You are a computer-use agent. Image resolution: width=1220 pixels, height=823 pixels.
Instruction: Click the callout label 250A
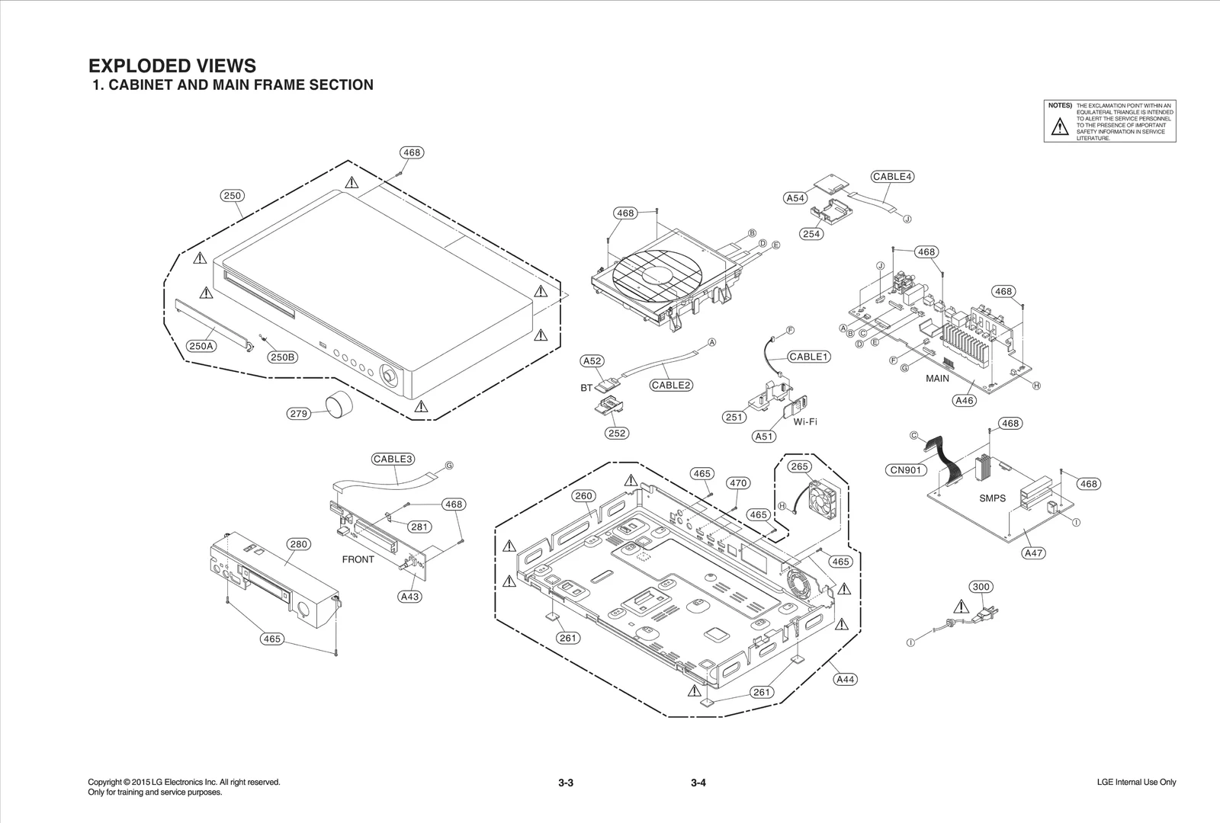pyautogui.click(x=201, y=346)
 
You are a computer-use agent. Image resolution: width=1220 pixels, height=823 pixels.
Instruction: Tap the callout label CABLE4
pyautogui.click(x=892, y=177)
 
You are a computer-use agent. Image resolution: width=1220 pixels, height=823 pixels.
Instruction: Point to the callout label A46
pyautogui.click(x=965, y=400)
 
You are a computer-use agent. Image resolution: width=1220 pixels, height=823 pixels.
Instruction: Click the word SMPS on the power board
pyautogui.click(x=992, y=498)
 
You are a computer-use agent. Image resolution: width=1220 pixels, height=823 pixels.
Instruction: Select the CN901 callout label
pyautogui.click(x=907, y=470)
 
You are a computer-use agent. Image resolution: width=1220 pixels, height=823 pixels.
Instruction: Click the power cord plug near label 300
pyautogui.click(x=984, y=613)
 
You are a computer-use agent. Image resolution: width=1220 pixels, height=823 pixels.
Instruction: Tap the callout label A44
pyautogui.click(x=845, y=679)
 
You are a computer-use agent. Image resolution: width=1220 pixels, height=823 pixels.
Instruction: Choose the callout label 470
pyautogui.click(x=738, y=483)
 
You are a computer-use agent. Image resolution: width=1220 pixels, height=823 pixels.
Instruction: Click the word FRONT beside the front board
pyautogui.click(x=358, y=559)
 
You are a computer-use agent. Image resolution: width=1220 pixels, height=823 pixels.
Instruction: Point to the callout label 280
pyautogui.click(x=298, y=544)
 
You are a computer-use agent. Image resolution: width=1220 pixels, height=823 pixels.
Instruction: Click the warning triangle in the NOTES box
pyautogui.click(x=1060, y=127)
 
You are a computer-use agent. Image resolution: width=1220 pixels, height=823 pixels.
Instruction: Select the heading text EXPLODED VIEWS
pyautogui.click(x=172, y=66)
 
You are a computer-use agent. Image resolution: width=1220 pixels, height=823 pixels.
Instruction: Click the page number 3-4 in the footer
pyautogui.click(x=698, y=783)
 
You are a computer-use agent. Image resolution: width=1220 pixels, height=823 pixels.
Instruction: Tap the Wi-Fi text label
pyautogui.click(x=805, y=421)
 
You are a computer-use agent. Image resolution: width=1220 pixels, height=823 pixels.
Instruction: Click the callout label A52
pyautogui.click(x=592, y=361)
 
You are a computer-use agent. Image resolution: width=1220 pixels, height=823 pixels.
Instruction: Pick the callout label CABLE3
pyautogui.click(x=393, y=459)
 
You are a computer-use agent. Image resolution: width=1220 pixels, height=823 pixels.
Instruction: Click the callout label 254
pyautogui.click(x=811, y=234)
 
